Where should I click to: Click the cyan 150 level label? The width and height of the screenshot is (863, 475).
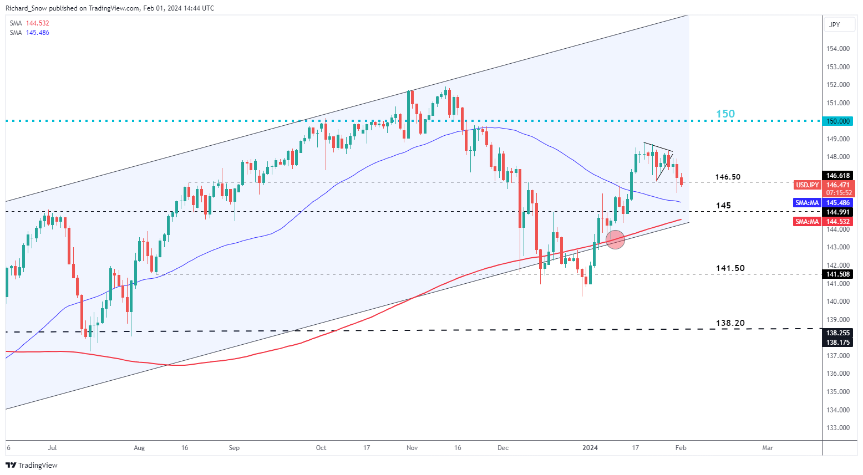point(725,114)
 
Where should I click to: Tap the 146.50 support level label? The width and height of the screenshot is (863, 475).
point(728,177)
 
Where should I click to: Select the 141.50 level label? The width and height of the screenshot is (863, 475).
point(730,268)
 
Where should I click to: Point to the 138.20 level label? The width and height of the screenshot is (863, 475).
point(730,323)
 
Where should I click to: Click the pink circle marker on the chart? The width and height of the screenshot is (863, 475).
point(615,239)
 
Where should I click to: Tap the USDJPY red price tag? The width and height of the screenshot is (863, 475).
point(807,185)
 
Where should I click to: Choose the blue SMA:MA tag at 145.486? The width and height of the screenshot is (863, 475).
point(807,203)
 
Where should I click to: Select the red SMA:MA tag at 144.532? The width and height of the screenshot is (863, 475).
point(807,222)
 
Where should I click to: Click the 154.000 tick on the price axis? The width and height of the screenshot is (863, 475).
point(837,49)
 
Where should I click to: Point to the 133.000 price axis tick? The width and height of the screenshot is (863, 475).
point(837,428)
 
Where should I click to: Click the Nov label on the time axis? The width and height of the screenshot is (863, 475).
point(412,448)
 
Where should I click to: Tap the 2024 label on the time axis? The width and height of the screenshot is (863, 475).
point(590,448)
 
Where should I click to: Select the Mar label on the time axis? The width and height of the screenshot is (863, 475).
point(768,448)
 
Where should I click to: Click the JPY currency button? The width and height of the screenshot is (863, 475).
point(834,24)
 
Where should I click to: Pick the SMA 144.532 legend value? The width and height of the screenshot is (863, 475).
point(37,23)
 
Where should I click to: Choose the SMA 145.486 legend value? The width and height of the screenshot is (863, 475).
point(37,33)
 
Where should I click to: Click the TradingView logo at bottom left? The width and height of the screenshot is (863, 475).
point(32,465)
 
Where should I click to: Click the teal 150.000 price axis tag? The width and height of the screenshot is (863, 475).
point(837,121)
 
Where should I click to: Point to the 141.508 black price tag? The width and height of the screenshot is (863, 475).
point(837,274)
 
